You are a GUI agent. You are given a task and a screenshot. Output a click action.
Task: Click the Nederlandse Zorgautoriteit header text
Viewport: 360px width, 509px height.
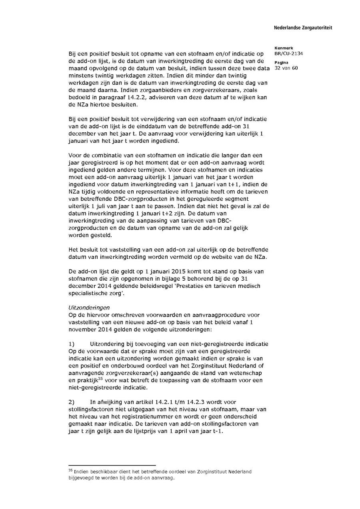[303, 28]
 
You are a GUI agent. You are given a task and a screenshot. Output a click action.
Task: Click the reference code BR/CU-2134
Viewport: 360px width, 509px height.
[288, 53]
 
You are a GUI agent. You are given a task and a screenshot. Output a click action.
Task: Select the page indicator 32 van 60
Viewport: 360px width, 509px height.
[286, 68]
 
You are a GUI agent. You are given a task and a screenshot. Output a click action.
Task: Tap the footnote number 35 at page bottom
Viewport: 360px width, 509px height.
[70, 471]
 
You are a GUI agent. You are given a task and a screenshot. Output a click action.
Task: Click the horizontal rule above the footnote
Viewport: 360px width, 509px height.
[112, 465]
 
